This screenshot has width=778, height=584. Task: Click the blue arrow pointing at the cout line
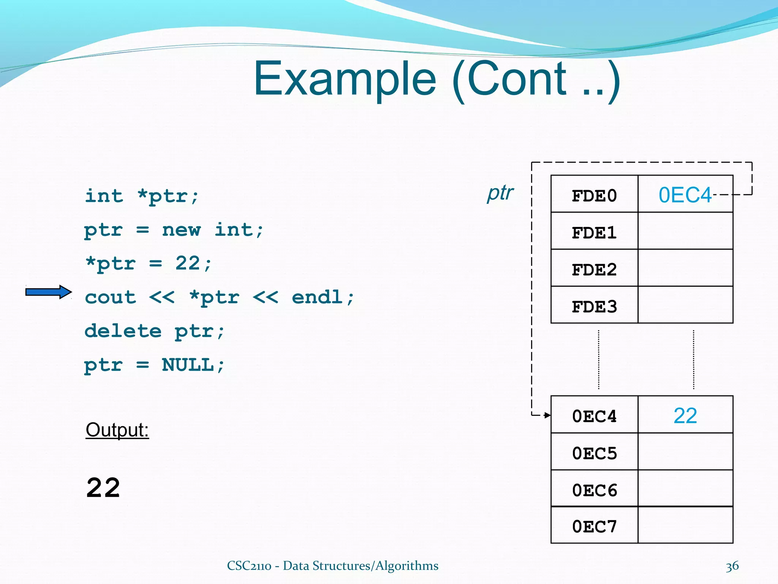(48, 292)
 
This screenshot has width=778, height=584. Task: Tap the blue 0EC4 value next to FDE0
(685, 195)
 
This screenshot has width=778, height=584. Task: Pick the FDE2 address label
(594, 270)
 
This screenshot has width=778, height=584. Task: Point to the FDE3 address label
(594, 306)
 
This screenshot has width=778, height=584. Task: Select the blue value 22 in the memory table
(685, 416)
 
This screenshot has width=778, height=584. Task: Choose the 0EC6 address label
(594, 490)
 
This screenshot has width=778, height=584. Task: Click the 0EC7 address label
(594, 527)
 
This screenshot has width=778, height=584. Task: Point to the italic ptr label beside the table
(500, 193)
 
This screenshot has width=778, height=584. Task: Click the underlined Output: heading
(117, 430)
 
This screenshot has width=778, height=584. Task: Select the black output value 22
(103, 488)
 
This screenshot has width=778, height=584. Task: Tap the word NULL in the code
(188, 365)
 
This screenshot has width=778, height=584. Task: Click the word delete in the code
(123, 331)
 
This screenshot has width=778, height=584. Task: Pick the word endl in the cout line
(317, 297)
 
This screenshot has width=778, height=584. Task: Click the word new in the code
(181, 230)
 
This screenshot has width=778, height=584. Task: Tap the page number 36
(732, 566)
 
